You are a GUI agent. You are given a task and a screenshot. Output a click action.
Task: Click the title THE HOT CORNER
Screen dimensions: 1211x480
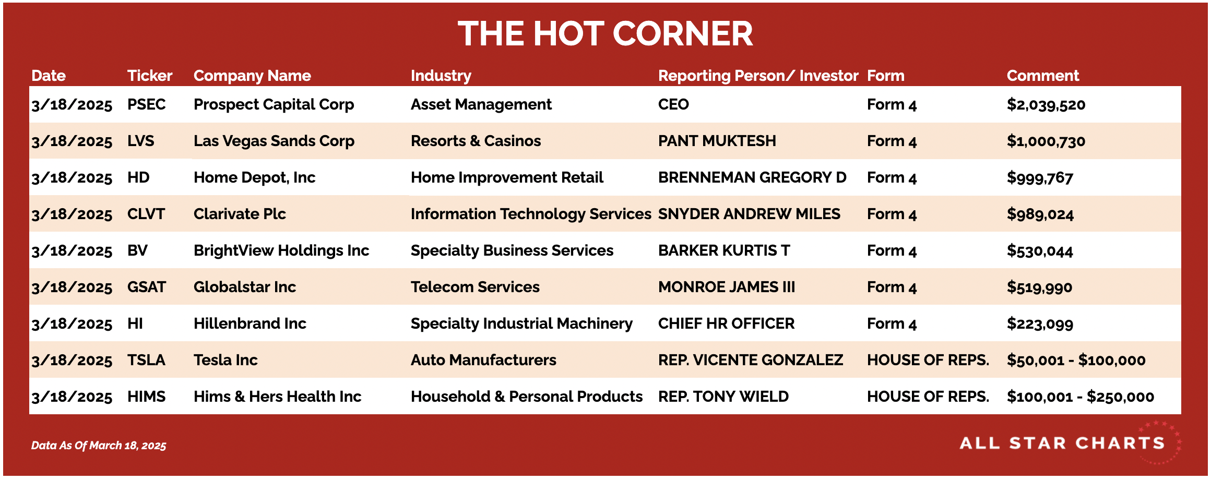pos(605,34)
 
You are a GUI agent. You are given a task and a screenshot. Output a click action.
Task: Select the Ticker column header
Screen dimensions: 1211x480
pos(150,76)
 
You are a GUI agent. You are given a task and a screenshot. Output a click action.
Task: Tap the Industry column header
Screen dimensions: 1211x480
pos(441,76)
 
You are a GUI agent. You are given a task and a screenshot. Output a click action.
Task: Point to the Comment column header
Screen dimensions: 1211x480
pos(1042,76)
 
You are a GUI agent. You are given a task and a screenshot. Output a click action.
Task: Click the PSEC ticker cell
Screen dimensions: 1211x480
pos(146,104)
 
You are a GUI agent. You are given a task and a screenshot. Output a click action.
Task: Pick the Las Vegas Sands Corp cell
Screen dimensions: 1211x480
pos(274,141)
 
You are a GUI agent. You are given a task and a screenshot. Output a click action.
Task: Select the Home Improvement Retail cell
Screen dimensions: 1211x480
pos(507,177)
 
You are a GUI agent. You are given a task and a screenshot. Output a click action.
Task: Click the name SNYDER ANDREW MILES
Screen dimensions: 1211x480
pos(749,214)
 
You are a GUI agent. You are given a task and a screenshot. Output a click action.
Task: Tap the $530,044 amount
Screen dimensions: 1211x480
pos(1040,250)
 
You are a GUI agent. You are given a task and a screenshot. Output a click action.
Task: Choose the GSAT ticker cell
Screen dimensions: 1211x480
pos(147,287)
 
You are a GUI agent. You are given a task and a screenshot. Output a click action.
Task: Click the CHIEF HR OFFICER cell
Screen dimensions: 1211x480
pos(726,323)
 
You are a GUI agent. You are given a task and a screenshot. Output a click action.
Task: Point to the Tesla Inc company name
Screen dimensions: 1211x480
pos(225,360)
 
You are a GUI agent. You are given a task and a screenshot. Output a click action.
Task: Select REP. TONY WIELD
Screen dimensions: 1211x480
pos(723,397)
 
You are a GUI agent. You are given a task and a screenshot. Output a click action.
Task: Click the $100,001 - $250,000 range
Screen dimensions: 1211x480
pos(1081,397)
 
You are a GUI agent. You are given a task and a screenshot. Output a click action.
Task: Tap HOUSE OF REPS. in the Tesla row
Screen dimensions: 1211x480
pos(928,360)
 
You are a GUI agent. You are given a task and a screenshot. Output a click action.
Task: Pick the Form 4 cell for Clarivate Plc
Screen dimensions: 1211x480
pos(892,214)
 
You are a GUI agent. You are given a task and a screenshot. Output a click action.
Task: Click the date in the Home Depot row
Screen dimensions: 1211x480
pos(72,178)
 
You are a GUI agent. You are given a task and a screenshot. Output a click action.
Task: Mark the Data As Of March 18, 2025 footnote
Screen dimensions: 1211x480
pos(99,446)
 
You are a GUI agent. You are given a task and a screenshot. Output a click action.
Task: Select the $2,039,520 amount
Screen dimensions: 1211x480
pos(1046,104)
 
